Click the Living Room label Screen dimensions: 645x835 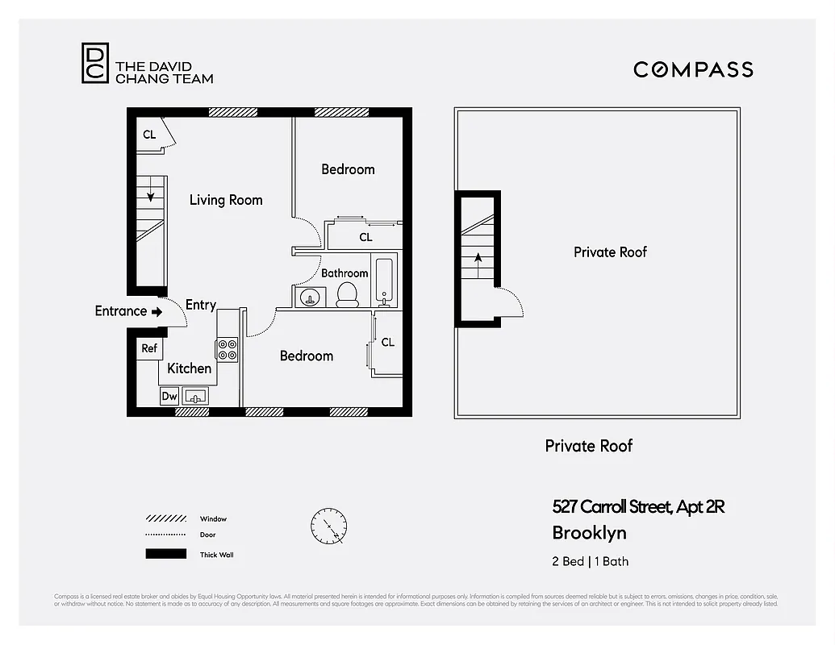(226, 200)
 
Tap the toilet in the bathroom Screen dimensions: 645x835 (347, 294)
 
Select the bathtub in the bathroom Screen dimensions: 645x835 (384, 281)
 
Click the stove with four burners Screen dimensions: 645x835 (227, 349)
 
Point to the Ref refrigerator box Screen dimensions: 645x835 (149, 348)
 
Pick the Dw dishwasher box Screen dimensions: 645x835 (169, 396)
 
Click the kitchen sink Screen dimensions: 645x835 (195, 396)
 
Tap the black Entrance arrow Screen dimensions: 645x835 (157, 311)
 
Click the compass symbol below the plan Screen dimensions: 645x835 (329, 526)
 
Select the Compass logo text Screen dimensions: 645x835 (693, 69)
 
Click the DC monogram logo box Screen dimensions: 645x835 (94, 63)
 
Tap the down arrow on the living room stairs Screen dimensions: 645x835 (149, 193)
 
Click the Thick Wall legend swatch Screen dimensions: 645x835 (166, 554)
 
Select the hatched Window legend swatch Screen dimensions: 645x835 (166, 518)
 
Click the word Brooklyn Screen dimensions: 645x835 (589, 533)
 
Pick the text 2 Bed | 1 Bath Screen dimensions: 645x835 (590, 562)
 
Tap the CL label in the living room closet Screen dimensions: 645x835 (149, 135)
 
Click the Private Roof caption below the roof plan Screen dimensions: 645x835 (589, 446)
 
